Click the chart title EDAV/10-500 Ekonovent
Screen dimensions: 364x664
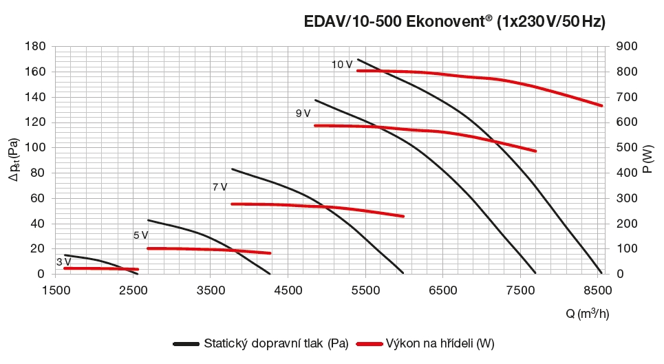[455, 21]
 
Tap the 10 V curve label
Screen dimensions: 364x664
[342, 65]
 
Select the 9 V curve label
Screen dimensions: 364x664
[303, 113]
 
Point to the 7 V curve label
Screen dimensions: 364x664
[219, 186]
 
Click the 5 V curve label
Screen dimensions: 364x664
[140, 235]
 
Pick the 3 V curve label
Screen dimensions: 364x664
[63, 262]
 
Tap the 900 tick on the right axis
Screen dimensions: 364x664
[628, 47]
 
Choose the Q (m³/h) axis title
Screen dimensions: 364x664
[588, 314]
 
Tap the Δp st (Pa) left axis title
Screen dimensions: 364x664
[13, 160]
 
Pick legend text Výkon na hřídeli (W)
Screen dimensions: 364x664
[440, 343]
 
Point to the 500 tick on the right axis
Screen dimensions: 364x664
[628, 148]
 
